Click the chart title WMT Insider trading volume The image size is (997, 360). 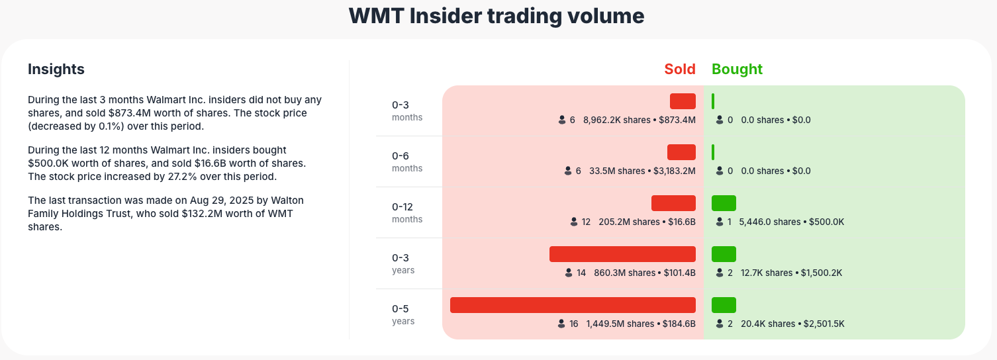[x=497, y=17]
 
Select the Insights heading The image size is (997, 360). [x=56, y=69]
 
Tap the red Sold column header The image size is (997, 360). [x=680, y=69]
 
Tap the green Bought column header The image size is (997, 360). [x=737, y=69]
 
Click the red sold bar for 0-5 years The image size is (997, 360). [x=573, y=305]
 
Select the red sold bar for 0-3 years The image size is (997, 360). [x=622, y=254]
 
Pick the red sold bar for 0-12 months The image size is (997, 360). [x=673, y=203]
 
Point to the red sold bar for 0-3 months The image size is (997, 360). [x=683, y=101]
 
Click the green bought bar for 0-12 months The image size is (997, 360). [x=724, y=203]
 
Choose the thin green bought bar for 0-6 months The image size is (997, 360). [x=713, y=152]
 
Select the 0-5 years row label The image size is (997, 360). [x=403, y=314]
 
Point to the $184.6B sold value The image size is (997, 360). [x=679, y=324]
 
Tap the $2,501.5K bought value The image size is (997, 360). [x=824, y=324]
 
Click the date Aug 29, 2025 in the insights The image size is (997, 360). [x=199, y=200]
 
